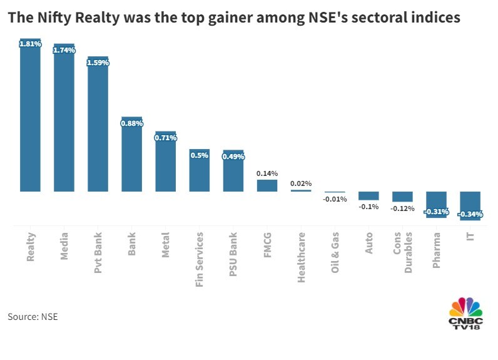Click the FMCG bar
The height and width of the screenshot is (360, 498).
click(267, 185)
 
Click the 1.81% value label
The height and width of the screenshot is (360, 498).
click(30, 44)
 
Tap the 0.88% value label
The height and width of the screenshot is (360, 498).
click(132, 123)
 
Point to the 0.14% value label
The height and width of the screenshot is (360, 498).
click(267, 173)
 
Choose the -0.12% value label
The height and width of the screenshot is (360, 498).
click(403, 208)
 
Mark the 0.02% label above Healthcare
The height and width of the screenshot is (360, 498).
click(301, 183)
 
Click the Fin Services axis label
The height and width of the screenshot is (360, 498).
click(200, 259)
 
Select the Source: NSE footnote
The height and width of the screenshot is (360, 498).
click(33, 316)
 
